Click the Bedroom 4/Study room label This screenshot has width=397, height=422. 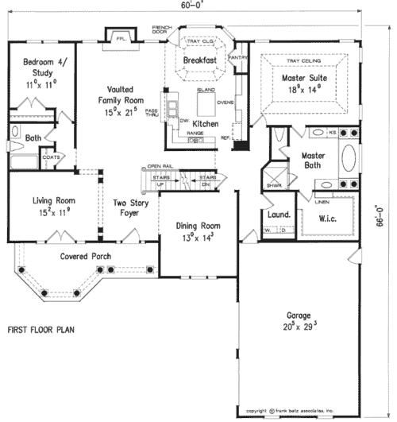click(x=38, y=66)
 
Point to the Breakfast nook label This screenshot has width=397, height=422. click(x=199, y=60)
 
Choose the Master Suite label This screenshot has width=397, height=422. click(x=306, y=78)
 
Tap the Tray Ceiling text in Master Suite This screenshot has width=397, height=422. click(x=306, y=59)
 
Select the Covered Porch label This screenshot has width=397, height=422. click(x=86, y=257)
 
